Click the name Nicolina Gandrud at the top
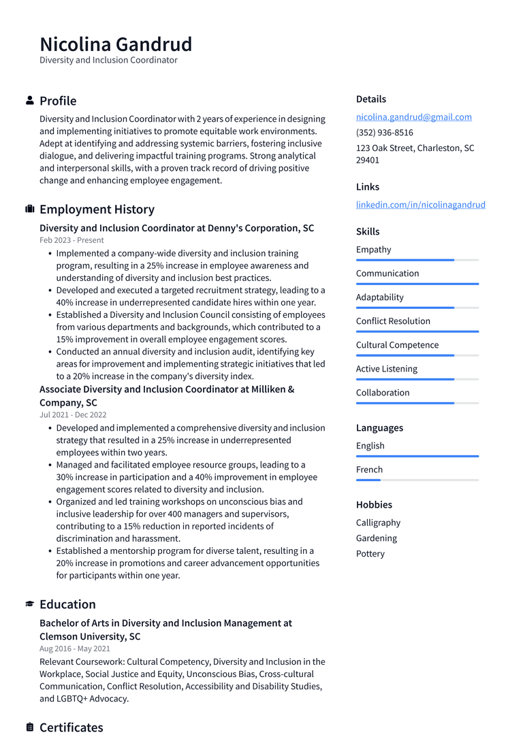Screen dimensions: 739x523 (116, 44)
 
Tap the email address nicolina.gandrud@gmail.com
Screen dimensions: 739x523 (413, 117)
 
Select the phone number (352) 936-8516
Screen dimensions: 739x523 (384, 133)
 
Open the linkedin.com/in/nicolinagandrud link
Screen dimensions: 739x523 (420, 205)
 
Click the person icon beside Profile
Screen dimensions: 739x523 (30, 101)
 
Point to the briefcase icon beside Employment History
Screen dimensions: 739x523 (30, 210)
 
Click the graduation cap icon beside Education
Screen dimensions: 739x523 (30, 604)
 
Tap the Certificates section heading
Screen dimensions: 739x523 (71, 727)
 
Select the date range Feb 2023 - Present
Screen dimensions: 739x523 (72, 240)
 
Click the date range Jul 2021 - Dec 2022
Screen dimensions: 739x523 (73, 415)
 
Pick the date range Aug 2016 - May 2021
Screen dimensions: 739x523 (74, 649)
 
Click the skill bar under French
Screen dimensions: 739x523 (417, 480)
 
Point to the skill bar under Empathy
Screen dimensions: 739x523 (417, 260)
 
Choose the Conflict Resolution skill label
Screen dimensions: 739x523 (393, 321)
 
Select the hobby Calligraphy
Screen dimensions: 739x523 (378, 523)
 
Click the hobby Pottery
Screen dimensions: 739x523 (370, 554)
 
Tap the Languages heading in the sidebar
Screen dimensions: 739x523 (379, 428)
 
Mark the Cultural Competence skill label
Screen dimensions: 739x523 (397, 345)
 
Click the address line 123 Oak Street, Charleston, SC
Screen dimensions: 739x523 (415, 148)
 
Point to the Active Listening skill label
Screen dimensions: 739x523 (386, 369)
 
